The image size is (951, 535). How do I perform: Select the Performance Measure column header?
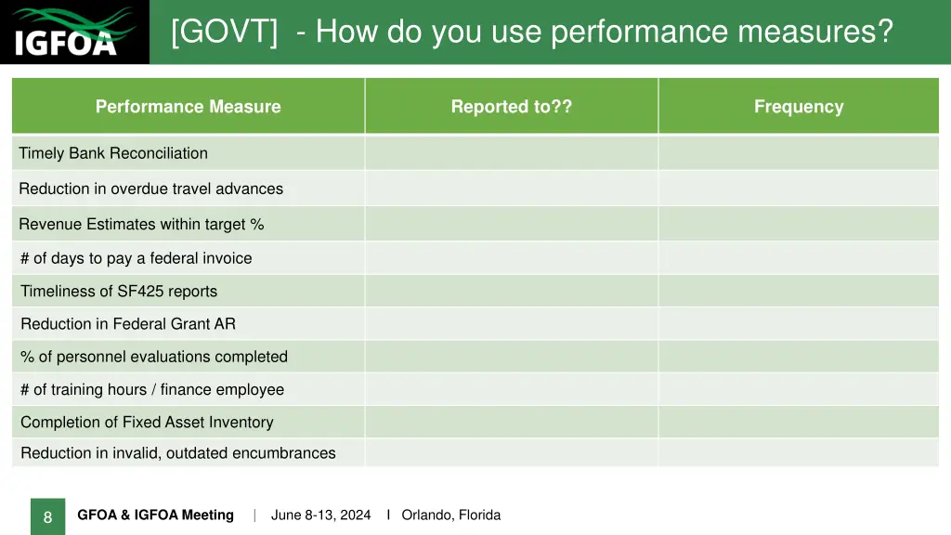(188, 107)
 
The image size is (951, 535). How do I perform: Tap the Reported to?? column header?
(511, 107)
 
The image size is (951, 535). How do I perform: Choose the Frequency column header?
(799, 107)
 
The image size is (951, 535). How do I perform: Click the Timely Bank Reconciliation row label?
(113, 153)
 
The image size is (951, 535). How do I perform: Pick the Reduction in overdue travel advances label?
(150, 189)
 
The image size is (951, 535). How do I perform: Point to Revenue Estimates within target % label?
(141, 224)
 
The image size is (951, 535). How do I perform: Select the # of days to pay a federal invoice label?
(136, 258)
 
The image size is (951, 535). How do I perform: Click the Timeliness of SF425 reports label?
(119, 292)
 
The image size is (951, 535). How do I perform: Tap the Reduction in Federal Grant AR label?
(128, 324)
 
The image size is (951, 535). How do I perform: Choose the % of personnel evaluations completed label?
(154, 357)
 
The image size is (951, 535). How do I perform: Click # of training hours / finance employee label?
(152, 390)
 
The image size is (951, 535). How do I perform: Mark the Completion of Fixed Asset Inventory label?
(147, 423)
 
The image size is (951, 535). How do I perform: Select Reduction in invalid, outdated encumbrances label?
(178, 453)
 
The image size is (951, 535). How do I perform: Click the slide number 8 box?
(47, 517)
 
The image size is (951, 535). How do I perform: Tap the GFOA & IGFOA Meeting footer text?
(155, 515)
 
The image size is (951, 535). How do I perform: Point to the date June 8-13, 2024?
(320, 515)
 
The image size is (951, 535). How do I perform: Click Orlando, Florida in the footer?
(450, 515)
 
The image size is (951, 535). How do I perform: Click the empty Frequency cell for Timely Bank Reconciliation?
(799, 153)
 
